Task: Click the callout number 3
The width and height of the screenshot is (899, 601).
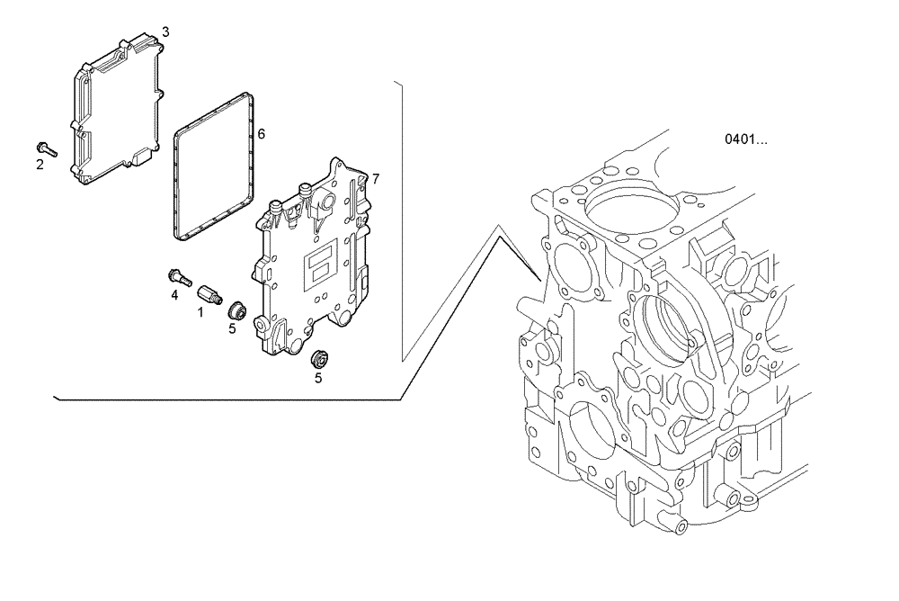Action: (165, 31)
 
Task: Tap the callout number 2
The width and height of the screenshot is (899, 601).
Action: (40, 165)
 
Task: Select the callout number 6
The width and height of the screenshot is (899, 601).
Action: (261, 134)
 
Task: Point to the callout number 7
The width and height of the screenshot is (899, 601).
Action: (375, 179)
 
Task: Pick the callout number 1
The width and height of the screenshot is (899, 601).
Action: (200, 312)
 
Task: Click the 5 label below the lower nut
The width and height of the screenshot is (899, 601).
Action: (317, 378)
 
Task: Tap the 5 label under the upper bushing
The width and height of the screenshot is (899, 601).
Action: (231, 329)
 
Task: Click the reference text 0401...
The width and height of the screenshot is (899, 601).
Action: (746, 139)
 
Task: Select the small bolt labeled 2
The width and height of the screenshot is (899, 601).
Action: (47, 148)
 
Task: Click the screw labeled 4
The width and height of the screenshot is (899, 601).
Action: (176, 276)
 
